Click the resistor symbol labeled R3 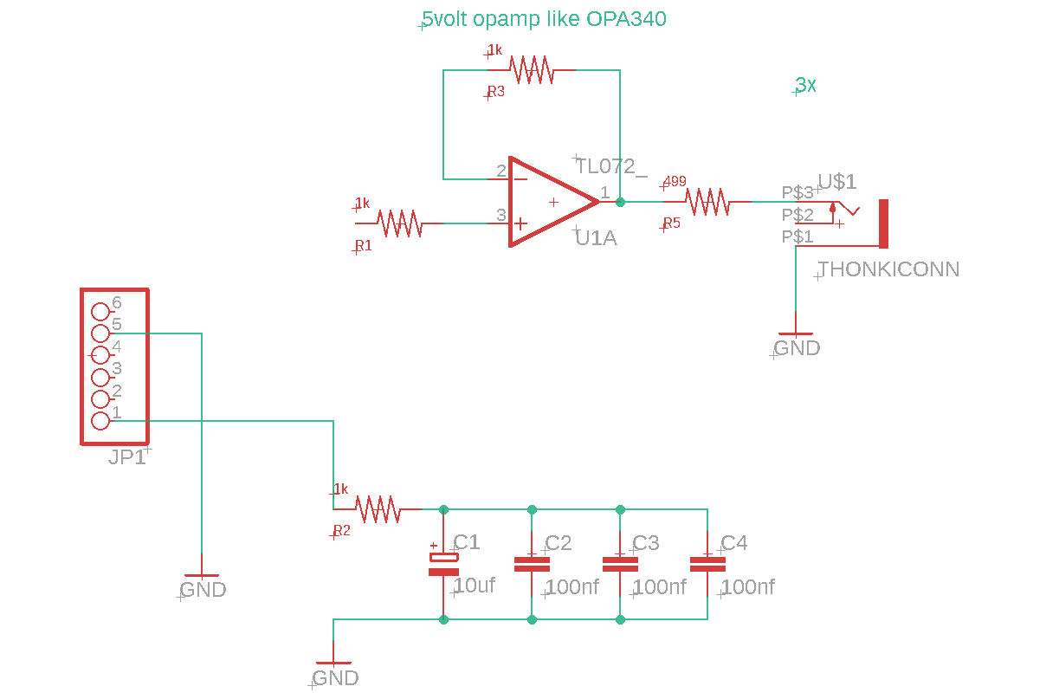coord(532,70)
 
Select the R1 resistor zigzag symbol coord(399,223)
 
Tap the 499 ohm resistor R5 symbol coord(707,202)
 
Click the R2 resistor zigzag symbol coord(378,509)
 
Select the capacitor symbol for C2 coord(532,564)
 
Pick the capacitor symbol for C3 coord(620,564)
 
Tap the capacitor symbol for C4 coord(707,564)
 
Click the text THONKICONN coord(888,269)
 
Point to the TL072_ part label coord(611,166)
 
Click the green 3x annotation coord(805,85)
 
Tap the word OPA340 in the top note coord(626,19)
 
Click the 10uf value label coord(475,586)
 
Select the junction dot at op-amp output coord(620,202)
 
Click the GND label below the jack coord(797,348)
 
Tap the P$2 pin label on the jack coord(797,215)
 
